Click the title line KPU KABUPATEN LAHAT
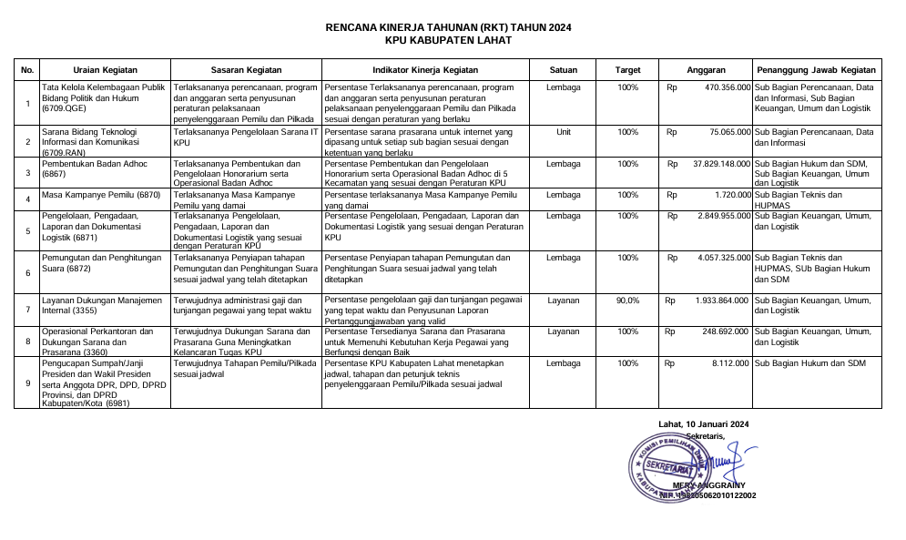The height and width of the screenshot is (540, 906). click(x=448, y=41)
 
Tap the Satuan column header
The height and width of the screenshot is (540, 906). click(x=564, y=70)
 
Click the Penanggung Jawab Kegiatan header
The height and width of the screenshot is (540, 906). click(x=816, y=70)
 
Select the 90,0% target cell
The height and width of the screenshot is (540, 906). click(x=627, y=300)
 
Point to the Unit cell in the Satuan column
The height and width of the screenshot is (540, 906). click(x=564, y=132)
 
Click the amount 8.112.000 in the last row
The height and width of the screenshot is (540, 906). click(x=730, y=363)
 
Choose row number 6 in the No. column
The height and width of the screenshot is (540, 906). click(x=27, y=272)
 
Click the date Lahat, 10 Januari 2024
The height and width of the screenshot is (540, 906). click(x=703, y=424)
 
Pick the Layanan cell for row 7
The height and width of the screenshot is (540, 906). click(x=564, y=300)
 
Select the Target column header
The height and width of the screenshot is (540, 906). click(x=627, y=70)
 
